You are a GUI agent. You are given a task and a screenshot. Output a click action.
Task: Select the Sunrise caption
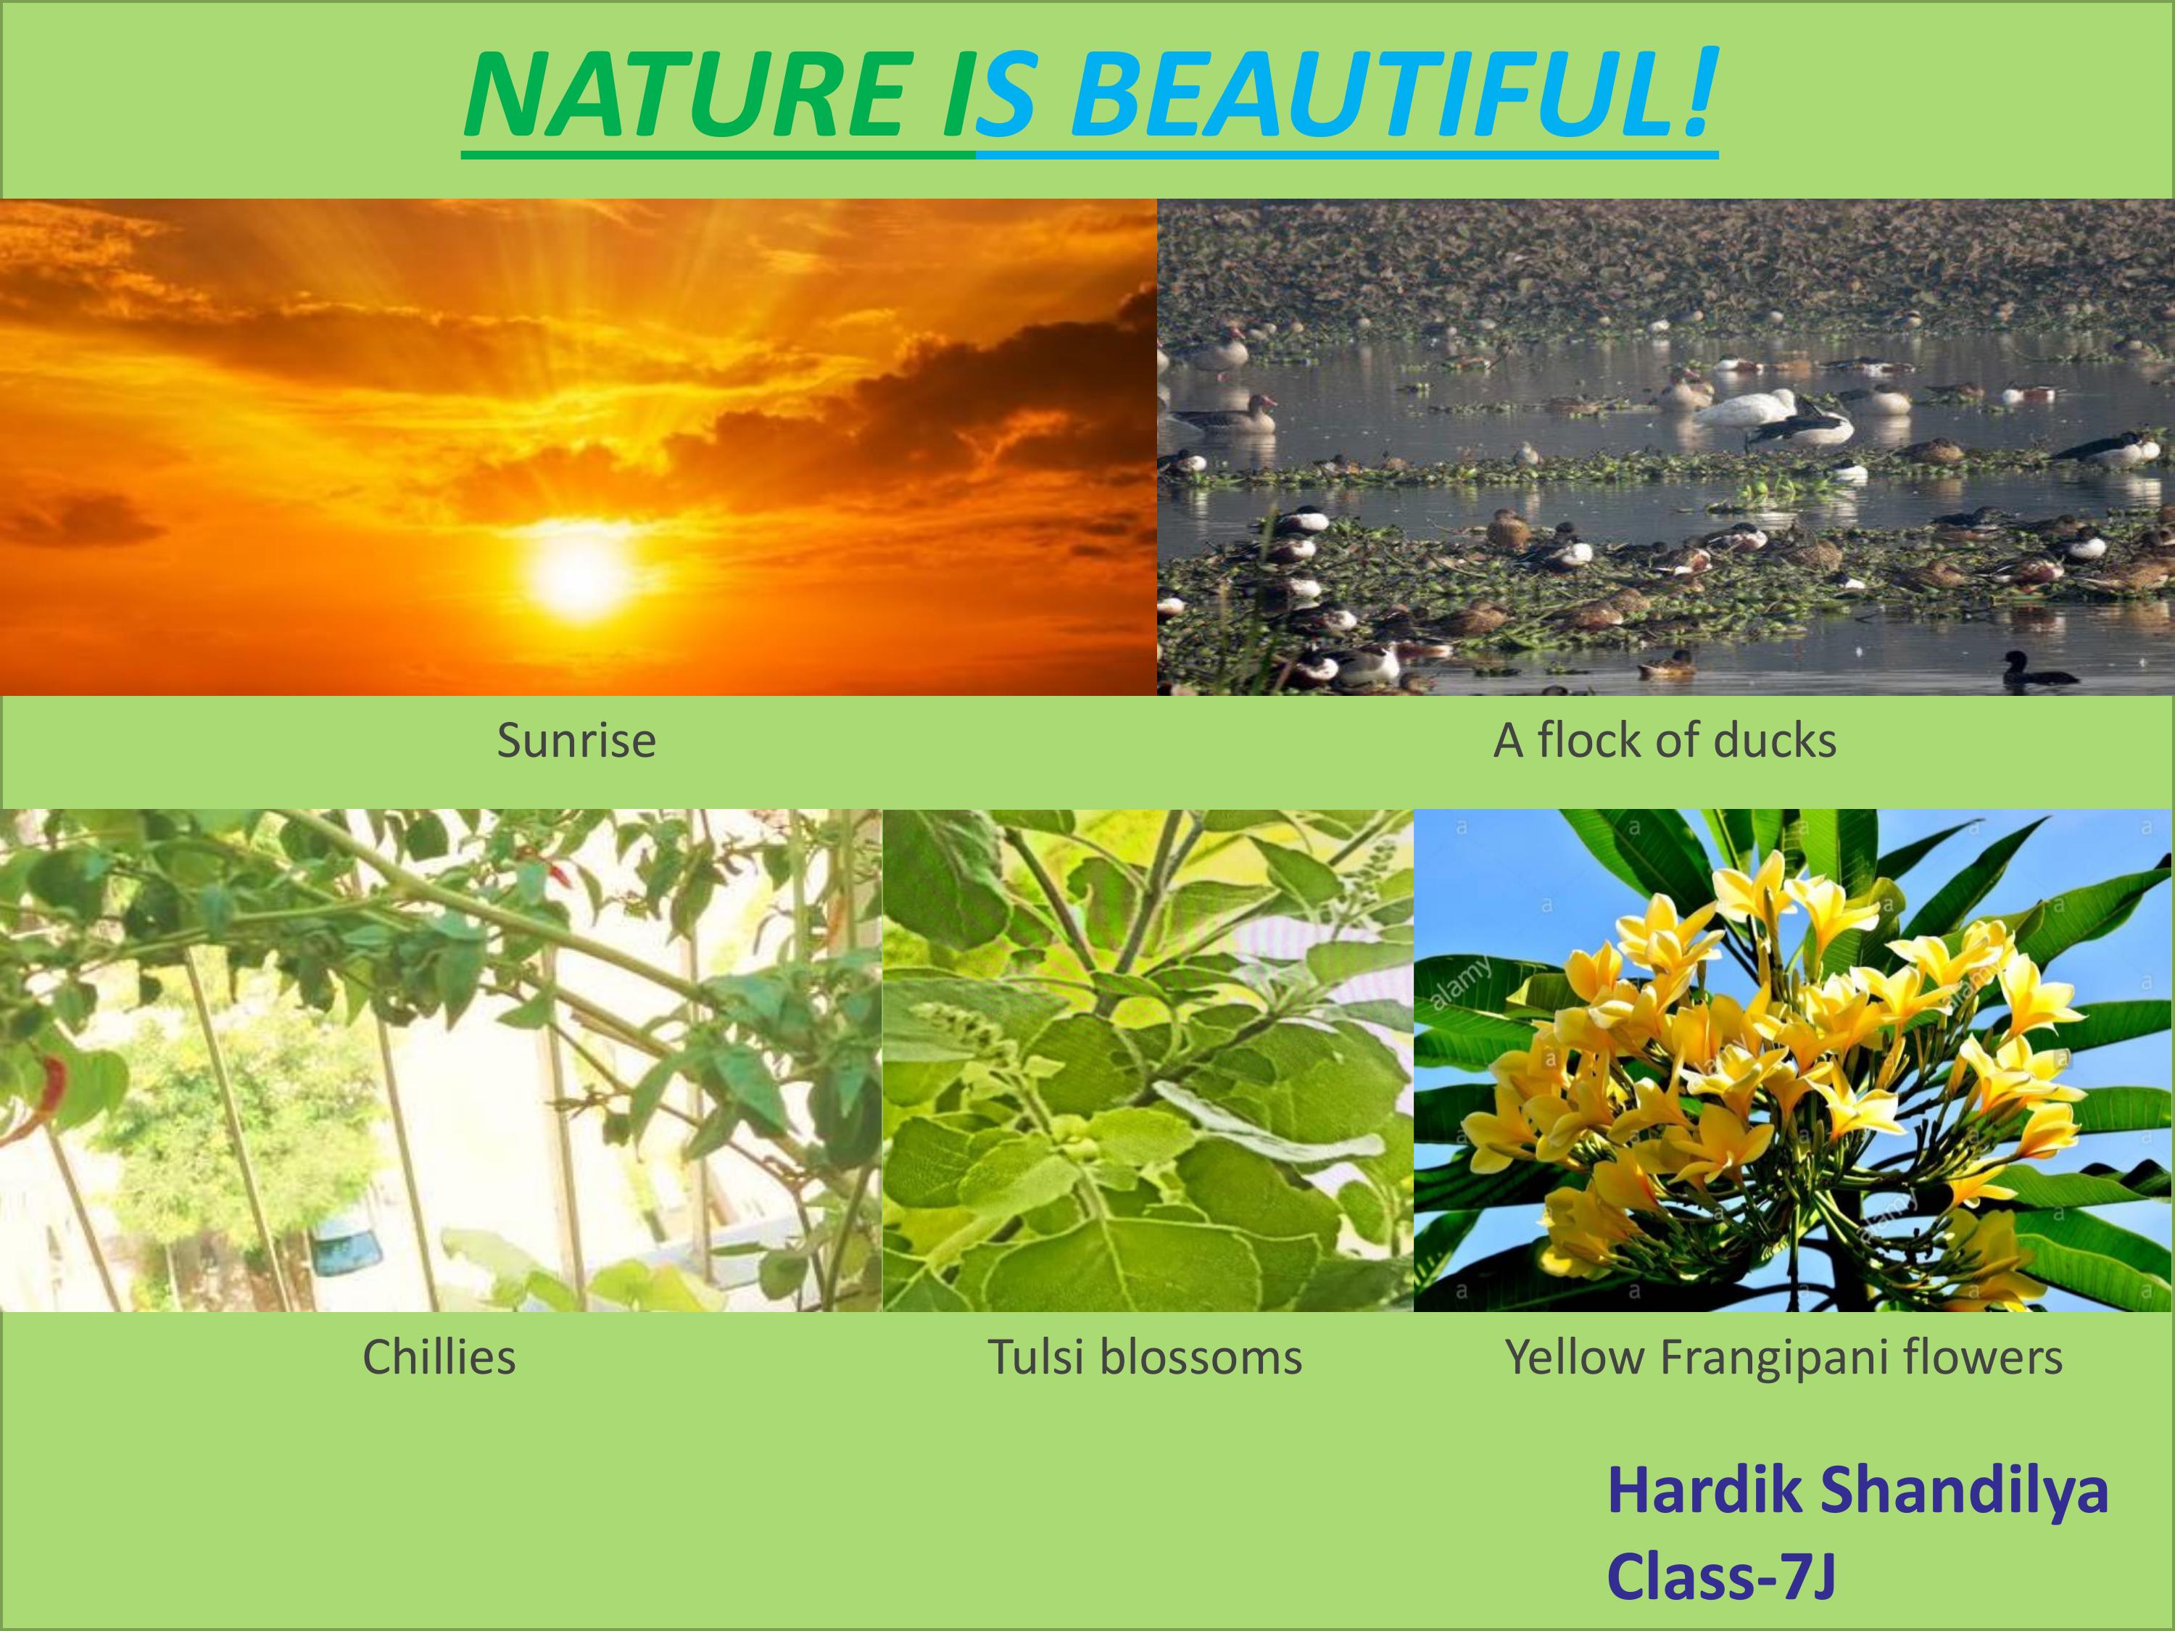(x=576, y=740)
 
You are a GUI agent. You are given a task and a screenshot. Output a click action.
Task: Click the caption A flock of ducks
(x=1665, y=740)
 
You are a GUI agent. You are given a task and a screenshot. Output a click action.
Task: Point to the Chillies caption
(x=439, y=1358)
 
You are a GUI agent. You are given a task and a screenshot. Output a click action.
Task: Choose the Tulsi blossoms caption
(x=1145, y=1358)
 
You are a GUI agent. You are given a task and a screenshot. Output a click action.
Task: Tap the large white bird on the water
(x=1747, y=408)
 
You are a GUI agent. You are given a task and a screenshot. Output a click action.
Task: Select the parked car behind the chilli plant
(x=346, y=1241)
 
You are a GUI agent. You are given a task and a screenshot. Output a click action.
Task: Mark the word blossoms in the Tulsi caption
(x=1201, y=1358)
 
